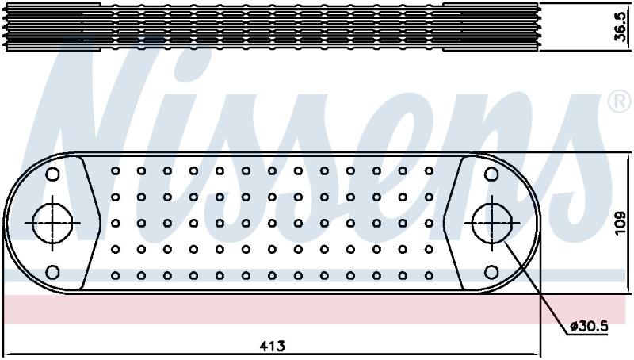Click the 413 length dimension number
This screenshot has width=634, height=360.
tap(272, 347)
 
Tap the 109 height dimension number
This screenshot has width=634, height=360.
tap(621, 223)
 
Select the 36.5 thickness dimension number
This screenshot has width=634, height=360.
tap(621, 27)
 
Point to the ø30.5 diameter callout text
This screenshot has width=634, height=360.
tap(589, 327)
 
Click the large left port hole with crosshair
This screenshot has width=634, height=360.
tap(52, 224)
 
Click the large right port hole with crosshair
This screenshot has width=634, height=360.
tap(491, 224)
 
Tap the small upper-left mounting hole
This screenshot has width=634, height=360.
tap(52, 174)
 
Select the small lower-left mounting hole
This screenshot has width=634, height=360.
tap(52, 272)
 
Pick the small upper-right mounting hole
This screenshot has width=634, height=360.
tap(491, 174)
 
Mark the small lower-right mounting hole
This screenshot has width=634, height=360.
tap(491, 272)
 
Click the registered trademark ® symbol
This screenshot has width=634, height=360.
tap(620, 101)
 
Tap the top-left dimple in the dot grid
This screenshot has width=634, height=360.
tap(115, 171)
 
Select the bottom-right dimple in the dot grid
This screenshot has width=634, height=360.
tap(429, 276)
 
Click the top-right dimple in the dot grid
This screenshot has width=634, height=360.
tap(429, 171)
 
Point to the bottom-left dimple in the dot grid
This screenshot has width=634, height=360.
tap(115, 276)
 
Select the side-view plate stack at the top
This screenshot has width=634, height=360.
tap(271, 27)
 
